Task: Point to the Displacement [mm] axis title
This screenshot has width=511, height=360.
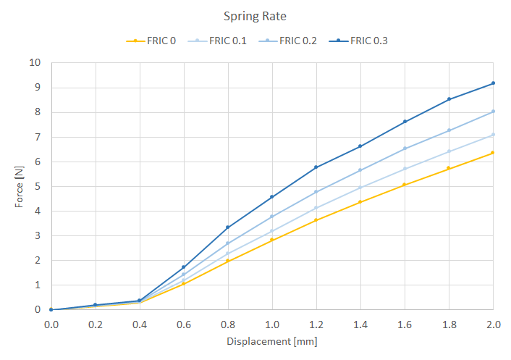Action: pos(272,341)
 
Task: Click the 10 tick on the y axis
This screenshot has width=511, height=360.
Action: pos(35,63)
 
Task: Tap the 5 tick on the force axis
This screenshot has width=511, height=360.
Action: pos(38,186)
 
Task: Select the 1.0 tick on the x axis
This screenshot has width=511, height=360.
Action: pos(272,324)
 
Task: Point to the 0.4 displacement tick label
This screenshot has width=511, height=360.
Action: pos(140,324)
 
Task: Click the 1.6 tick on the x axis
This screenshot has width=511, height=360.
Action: pos(405,324)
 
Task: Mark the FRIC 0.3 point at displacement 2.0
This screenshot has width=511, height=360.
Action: pos(493,83)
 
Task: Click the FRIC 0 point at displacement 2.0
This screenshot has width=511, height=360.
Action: pos(493,153)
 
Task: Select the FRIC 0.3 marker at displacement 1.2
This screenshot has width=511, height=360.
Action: pos(316,167)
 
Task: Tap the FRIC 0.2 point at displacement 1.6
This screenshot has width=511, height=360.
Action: pos(405,148)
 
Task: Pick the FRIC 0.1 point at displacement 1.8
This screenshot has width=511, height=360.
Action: pos(449,151)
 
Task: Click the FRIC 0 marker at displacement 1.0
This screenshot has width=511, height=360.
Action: pos(272,240)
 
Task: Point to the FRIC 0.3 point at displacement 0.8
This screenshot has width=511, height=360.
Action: pos(228,227)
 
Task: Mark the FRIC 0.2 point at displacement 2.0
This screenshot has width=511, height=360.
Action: pos(493,112)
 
